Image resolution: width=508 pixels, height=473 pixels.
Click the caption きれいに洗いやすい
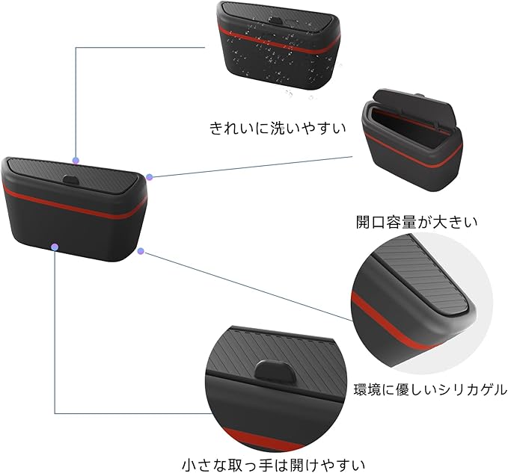pyautogui.click(x=278, y=128)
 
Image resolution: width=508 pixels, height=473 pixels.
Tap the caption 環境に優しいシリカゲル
pyautogui.click(x=430, y=389)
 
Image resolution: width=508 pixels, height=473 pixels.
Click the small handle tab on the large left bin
pyautogui.click(x=70, y=181)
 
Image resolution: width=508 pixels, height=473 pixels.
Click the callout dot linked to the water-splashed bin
pyautogui.click(x=76, y=159)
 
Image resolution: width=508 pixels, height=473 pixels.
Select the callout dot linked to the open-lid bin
pyautogui.click(x=150, y=177)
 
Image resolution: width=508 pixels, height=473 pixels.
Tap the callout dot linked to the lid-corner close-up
pyautogui.click(x=141, y=252)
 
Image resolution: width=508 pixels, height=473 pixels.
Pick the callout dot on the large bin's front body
pyautogui.click(x=55, y=246)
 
